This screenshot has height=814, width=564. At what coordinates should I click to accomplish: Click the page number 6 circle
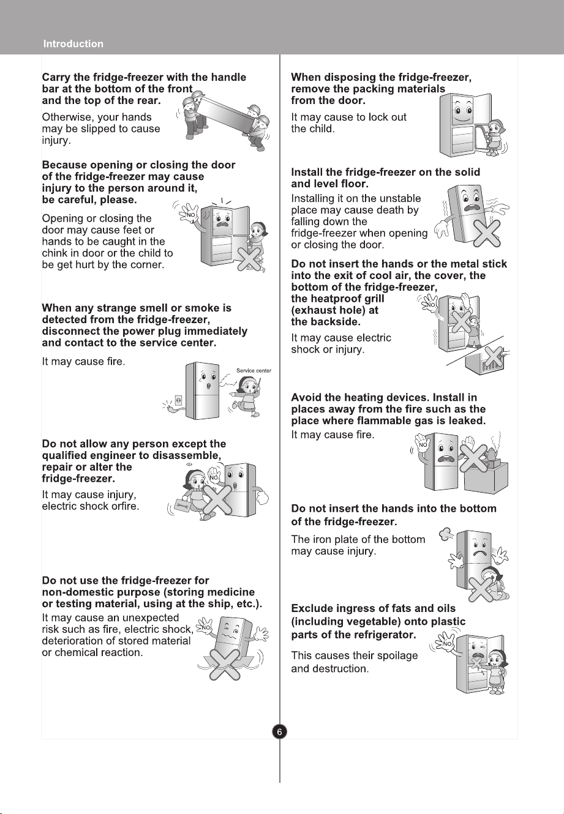(x=279, y=731)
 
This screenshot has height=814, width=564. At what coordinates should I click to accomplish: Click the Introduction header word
(x=73, y=44)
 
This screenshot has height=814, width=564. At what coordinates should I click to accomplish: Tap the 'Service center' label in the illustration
(x=254, y=371)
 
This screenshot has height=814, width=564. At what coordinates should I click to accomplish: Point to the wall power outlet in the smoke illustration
(x=178, y=401)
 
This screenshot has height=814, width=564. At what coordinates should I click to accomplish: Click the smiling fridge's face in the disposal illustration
(x=463, y=114)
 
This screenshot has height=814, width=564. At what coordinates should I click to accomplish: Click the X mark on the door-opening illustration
(x=249, y=259)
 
